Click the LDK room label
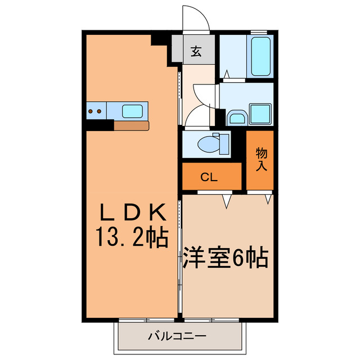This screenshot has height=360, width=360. tap(133, 213)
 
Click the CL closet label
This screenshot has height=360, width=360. tap(209, 178)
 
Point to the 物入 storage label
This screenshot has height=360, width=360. tap(261, 160)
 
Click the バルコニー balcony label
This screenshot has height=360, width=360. tap(177, 337)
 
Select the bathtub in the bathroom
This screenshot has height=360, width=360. tap(260, 56)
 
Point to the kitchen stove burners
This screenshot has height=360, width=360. tap(95, 111)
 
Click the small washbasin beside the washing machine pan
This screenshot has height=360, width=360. tap(236, 118)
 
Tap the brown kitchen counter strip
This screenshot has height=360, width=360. tap(130, 125)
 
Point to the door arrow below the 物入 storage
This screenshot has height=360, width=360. tap(268, 198)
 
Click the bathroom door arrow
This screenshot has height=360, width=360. tap(226, 74)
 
